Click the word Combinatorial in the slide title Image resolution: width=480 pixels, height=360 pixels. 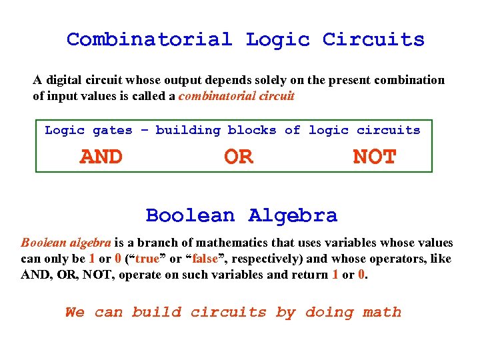point(149,39)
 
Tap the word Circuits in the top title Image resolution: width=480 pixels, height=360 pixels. point(373,39)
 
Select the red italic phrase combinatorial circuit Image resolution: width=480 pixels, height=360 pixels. point(236,96)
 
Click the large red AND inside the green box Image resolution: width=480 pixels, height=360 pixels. point(101,157)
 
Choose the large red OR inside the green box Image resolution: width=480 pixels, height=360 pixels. point(239,157)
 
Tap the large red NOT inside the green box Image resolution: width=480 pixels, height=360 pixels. point(375,157)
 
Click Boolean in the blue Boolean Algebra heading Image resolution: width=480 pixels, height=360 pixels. point(191,216)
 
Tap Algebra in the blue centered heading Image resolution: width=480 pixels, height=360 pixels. point(293,216)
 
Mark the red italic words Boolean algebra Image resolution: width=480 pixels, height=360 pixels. point(66,243)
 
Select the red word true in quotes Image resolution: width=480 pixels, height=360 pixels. point(147,259)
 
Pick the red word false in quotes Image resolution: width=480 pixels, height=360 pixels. point(205,259)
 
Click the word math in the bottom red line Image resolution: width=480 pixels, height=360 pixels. point(382,312)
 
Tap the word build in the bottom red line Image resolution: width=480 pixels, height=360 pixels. point(157,312)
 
